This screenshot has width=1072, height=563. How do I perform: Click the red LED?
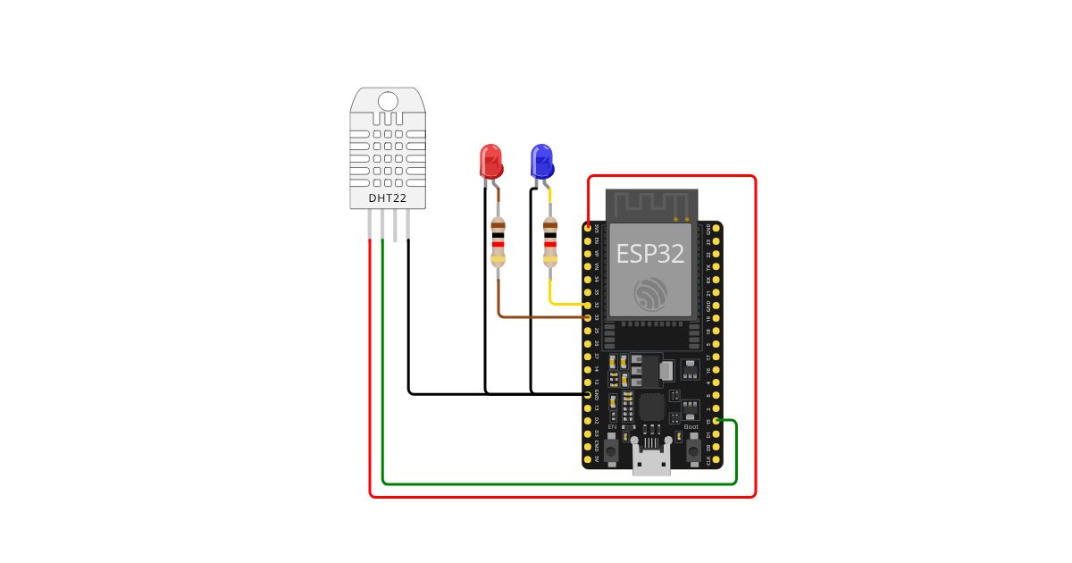point(490,162)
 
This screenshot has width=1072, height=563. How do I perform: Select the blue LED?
point(541,162)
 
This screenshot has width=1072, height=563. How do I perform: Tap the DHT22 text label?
point(388,197)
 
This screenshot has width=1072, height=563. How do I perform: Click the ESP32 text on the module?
point(649,254)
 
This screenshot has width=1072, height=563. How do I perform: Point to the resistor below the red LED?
point(498,243)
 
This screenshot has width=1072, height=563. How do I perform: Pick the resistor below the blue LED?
point(550,243)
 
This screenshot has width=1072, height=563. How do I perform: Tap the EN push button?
point(611,450)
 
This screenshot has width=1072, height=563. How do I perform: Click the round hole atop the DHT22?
point(388,100)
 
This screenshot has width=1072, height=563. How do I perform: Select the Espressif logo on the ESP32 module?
point(649,294)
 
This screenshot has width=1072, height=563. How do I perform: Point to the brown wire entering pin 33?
point(536,317)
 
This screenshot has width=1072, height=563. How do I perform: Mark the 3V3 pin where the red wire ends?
point(588,228)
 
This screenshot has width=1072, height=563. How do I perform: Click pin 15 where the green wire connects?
point(716,421)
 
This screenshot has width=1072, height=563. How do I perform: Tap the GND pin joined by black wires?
point(588,394)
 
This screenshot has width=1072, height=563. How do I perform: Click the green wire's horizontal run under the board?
point(554,483)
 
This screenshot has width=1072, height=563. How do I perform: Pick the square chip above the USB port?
point(651,408)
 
